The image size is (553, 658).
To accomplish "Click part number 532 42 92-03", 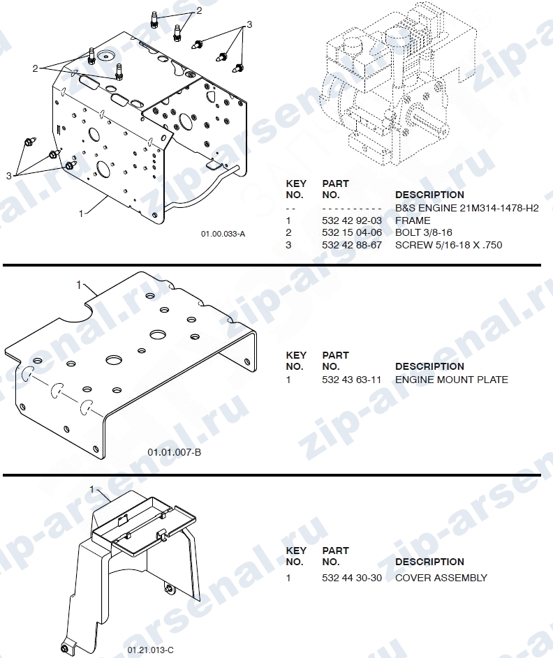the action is coord(352,220).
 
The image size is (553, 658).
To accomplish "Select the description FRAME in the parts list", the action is coord(413,220).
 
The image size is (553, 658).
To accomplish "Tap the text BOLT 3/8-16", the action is coord(424,232).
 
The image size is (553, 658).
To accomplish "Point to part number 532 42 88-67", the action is coord(352,245).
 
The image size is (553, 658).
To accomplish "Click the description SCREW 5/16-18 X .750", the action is coord(448,245).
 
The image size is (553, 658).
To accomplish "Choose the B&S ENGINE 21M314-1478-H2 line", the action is coord(467,208).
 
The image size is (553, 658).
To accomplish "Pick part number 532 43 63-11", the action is coord(351,380).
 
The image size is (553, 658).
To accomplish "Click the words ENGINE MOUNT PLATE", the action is coord(452,380).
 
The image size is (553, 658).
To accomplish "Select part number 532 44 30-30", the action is coord(352,578).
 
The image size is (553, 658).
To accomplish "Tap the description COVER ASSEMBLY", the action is coord(441,578).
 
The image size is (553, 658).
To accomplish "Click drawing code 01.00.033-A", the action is coord(223,234).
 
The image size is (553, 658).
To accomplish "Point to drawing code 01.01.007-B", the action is coord(175,452).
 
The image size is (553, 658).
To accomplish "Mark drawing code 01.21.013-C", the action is coord(150,650).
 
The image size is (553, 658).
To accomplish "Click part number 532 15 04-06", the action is coord(352,232).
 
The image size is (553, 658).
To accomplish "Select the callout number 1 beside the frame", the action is coord(81,214).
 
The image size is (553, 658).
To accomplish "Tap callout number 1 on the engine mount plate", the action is coord(78,285).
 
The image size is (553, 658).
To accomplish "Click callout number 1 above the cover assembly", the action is coord(92,489).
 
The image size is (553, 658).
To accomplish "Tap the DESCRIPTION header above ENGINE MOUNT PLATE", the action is coord(429,366).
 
